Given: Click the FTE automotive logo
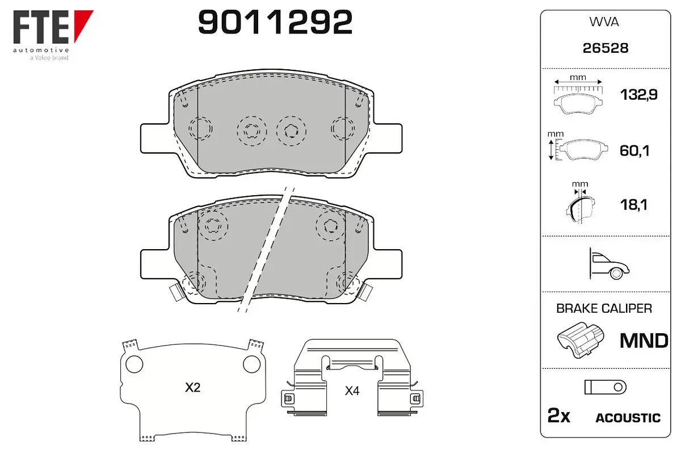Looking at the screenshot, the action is [53, 35].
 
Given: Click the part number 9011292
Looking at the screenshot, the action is [275, 22].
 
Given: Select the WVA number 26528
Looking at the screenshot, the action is [606, 48].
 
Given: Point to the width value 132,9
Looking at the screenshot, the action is [638, 95].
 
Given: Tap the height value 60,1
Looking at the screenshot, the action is [634, 150].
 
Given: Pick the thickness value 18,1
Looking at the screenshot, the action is [634, 205].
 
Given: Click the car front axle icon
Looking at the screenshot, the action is [609, 263].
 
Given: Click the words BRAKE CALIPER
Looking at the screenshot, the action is [604, 308].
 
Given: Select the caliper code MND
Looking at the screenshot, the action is [644, 340].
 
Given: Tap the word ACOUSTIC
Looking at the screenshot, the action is [628, 418].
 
